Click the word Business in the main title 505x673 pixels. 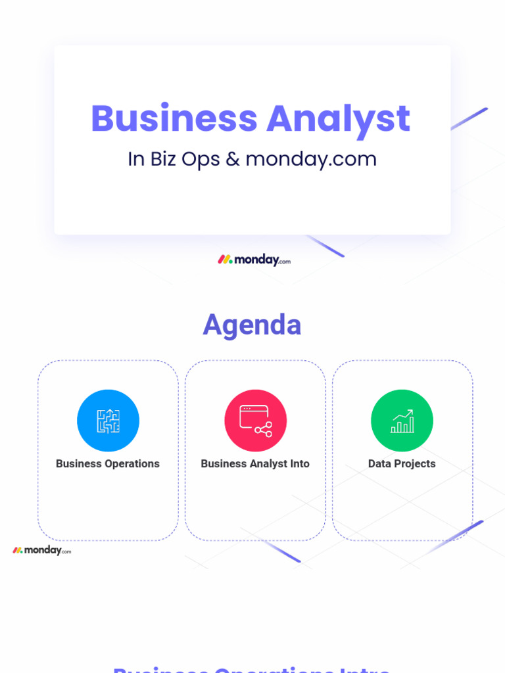[x=174, y=119]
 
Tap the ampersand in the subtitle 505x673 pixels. [x=232, y=159]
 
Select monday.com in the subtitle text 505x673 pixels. [x=311, y=159]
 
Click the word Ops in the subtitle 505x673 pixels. [x=201, y=160]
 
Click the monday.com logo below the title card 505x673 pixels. [x=254, y=260]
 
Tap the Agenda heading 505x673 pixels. [x=252, y=325]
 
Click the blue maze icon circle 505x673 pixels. [x=108, y=421]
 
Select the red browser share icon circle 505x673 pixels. [x=255, y=421]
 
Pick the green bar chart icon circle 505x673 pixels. [x=402, y=421]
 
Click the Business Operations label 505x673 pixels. [x=108, y=463]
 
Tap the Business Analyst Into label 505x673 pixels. [x=255, y=463]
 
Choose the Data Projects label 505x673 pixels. [x=402, y=463]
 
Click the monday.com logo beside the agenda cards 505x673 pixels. [x=41, y=550]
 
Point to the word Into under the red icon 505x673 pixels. [x=299, y=463]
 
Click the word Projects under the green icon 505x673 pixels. [x=415, y=463]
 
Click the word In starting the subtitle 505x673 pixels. [x=135, y=159]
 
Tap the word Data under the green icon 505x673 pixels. [x=379, y=463]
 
